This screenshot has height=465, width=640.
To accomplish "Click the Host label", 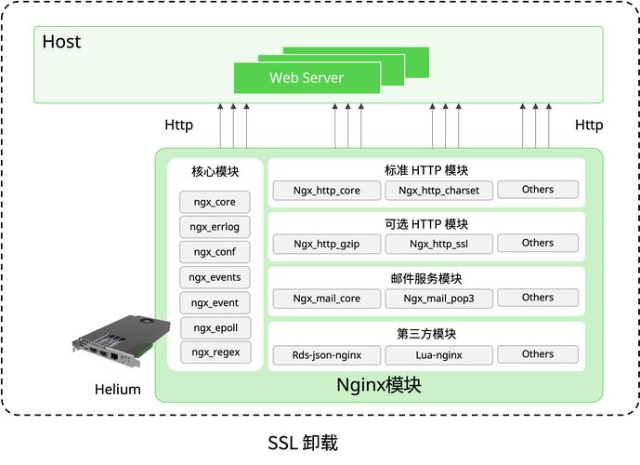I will click(x=61, y=42).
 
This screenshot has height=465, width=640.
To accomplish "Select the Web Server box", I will click(x=307, y=78).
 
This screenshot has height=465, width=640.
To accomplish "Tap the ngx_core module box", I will click(x=216, y=202).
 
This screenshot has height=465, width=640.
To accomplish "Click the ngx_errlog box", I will click(x=216, y=227).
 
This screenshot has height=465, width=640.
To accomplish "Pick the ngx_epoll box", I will click(x=216, y=327).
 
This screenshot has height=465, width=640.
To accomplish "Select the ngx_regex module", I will click(x=216, y=352).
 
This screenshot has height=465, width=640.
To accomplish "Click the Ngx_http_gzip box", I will click(x=326, y=245).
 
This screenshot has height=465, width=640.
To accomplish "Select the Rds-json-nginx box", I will click(x=326, y=355).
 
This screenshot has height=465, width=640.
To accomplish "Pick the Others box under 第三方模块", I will click(x=537, y=354).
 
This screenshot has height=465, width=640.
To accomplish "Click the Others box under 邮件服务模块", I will click(x=537, y=298).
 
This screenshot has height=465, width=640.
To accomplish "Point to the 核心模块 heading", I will click(x=216, y=172).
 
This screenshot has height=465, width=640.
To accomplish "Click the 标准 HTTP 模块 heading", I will click(x=426, y=170).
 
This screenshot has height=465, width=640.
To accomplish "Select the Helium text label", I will click(x=118, y=390).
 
